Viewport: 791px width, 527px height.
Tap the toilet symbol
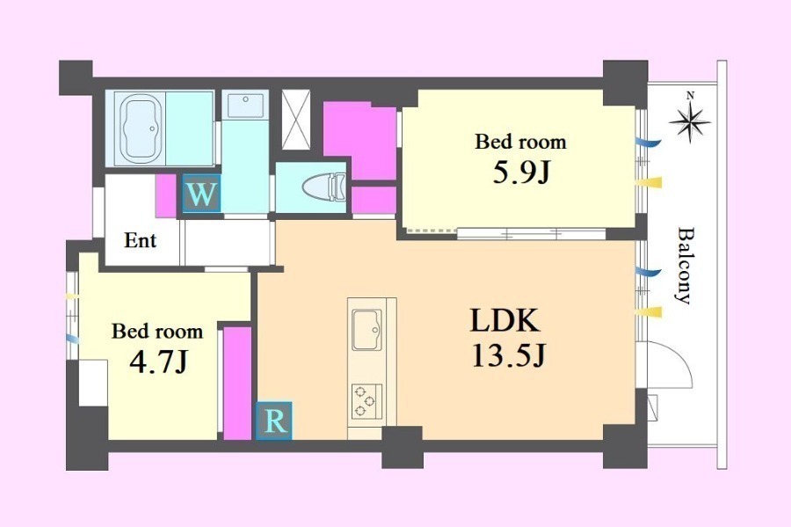click(x=324, y=187)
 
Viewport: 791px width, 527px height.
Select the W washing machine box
click(x=201, y=193)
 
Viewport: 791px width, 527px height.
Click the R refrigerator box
click(x=274, y=421)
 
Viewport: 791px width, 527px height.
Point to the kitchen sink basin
click(x=366, y=329)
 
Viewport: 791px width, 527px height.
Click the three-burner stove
click(x=366, y=401)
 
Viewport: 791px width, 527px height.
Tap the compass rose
click(x=691, y=121)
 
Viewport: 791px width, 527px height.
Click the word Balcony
click(x=683, y=266)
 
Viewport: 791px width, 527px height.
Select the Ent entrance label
click(x=141, y=241)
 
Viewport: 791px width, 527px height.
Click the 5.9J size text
click(x=520, y=173)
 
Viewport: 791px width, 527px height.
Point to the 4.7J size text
click(x=158, y=362)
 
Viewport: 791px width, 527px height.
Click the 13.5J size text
click(x=509, y=355)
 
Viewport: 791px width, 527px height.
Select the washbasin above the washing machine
click(x=245, y=106)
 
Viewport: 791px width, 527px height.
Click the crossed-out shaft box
click(x=295, y=120)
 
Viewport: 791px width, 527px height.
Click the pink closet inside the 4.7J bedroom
click(x=237, y=383)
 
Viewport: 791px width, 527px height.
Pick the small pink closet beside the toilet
click(x=374, y=200)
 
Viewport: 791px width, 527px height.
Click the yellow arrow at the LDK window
click(x=649, y=312)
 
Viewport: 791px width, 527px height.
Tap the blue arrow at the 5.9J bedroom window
click(x=648, y=143)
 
